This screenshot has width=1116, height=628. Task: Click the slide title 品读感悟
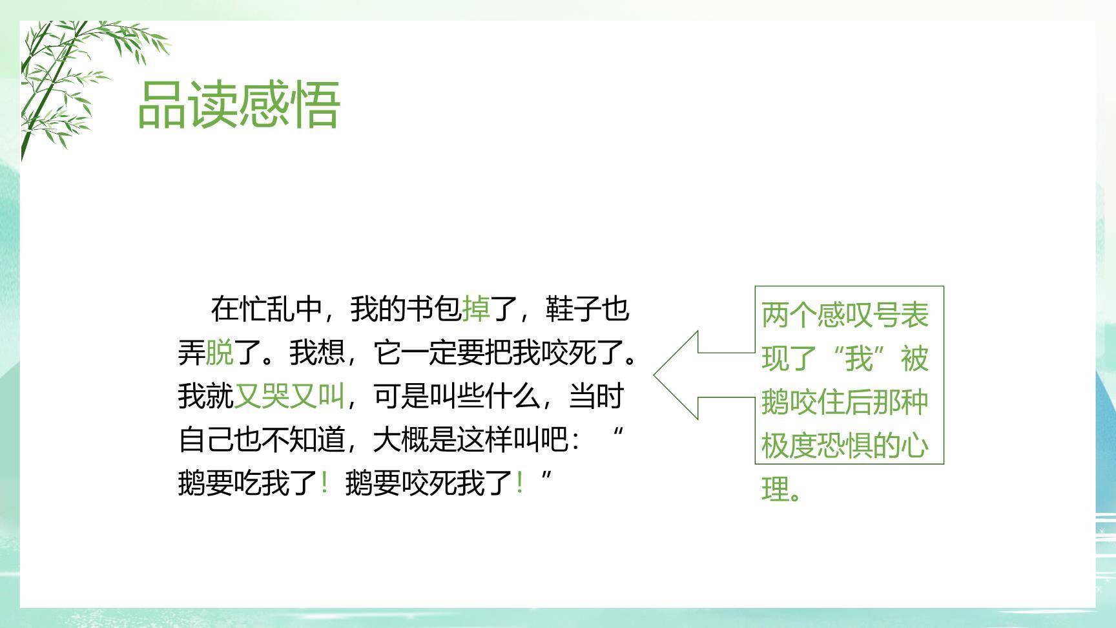click(239, 105)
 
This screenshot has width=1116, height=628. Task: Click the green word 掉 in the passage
click(475, 309)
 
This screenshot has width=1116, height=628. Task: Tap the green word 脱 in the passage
click(219, 353)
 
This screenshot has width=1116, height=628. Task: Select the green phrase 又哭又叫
click(289, 395)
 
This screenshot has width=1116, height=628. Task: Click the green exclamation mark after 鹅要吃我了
click(324, 483)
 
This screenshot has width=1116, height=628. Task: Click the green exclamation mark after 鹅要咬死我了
click(519, 483)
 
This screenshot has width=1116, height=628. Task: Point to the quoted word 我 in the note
click(859, 358)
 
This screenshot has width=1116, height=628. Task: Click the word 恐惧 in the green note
click(845, 445)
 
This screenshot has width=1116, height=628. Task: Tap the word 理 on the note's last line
click(775, 489)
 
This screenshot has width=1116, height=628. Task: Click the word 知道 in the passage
click(316, 440)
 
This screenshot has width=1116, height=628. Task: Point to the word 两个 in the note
click(789, 315)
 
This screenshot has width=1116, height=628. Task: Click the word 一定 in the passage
click(429, 353)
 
